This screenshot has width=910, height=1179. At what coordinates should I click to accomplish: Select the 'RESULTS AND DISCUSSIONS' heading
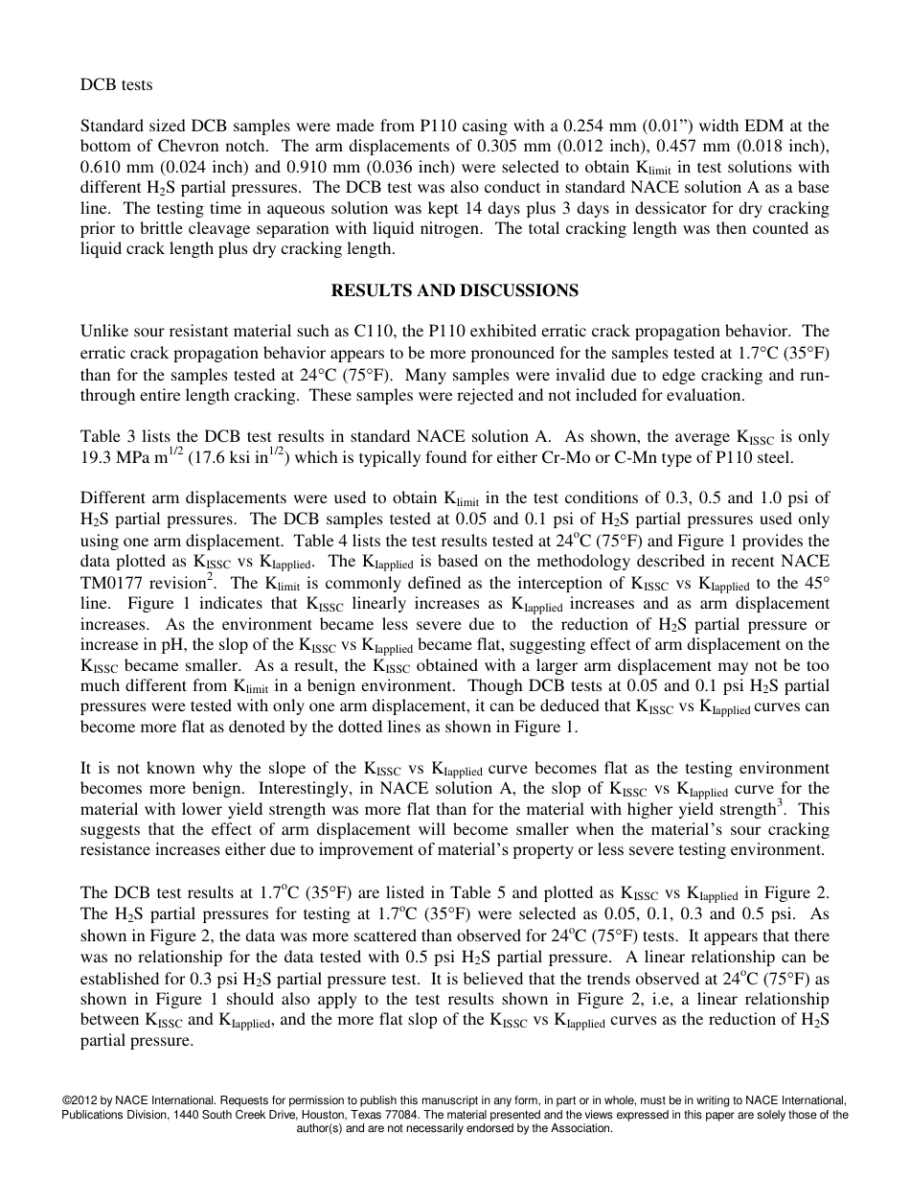coord(454,289)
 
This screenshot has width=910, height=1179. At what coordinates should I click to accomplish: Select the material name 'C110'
coord(377,332)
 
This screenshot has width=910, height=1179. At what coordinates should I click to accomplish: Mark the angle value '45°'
coord(814,583)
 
